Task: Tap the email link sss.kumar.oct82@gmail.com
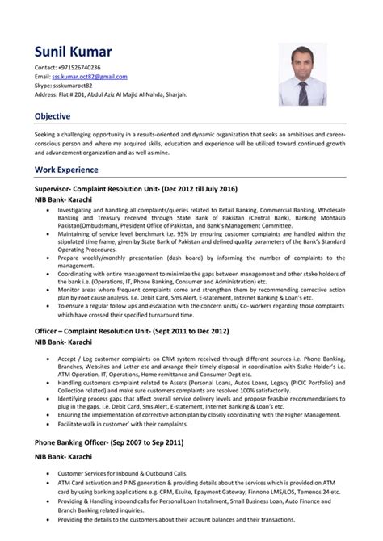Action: point(90,76)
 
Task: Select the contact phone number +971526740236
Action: point(80,68)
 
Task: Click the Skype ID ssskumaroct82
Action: point(71,85)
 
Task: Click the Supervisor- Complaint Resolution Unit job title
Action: point(136,188)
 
